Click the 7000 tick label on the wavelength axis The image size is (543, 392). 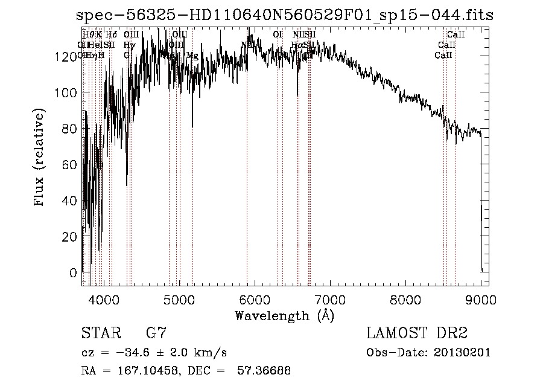pos(329,300)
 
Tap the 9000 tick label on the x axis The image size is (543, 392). pos(481,300)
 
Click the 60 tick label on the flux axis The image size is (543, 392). pos(67,165)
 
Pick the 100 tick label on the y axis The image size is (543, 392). pos(63,92)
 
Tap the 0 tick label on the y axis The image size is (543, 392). pos(72,273)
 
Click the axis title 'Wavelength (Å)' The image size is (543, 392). pos(284,315)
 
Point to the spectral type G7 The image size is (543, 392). pos(156,333)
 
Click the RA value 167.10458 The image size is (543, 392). pos(141,371)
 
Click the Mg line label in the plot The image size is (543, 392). pos(192,56)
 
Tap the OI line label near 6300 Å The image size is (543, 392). pos(278,35)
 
